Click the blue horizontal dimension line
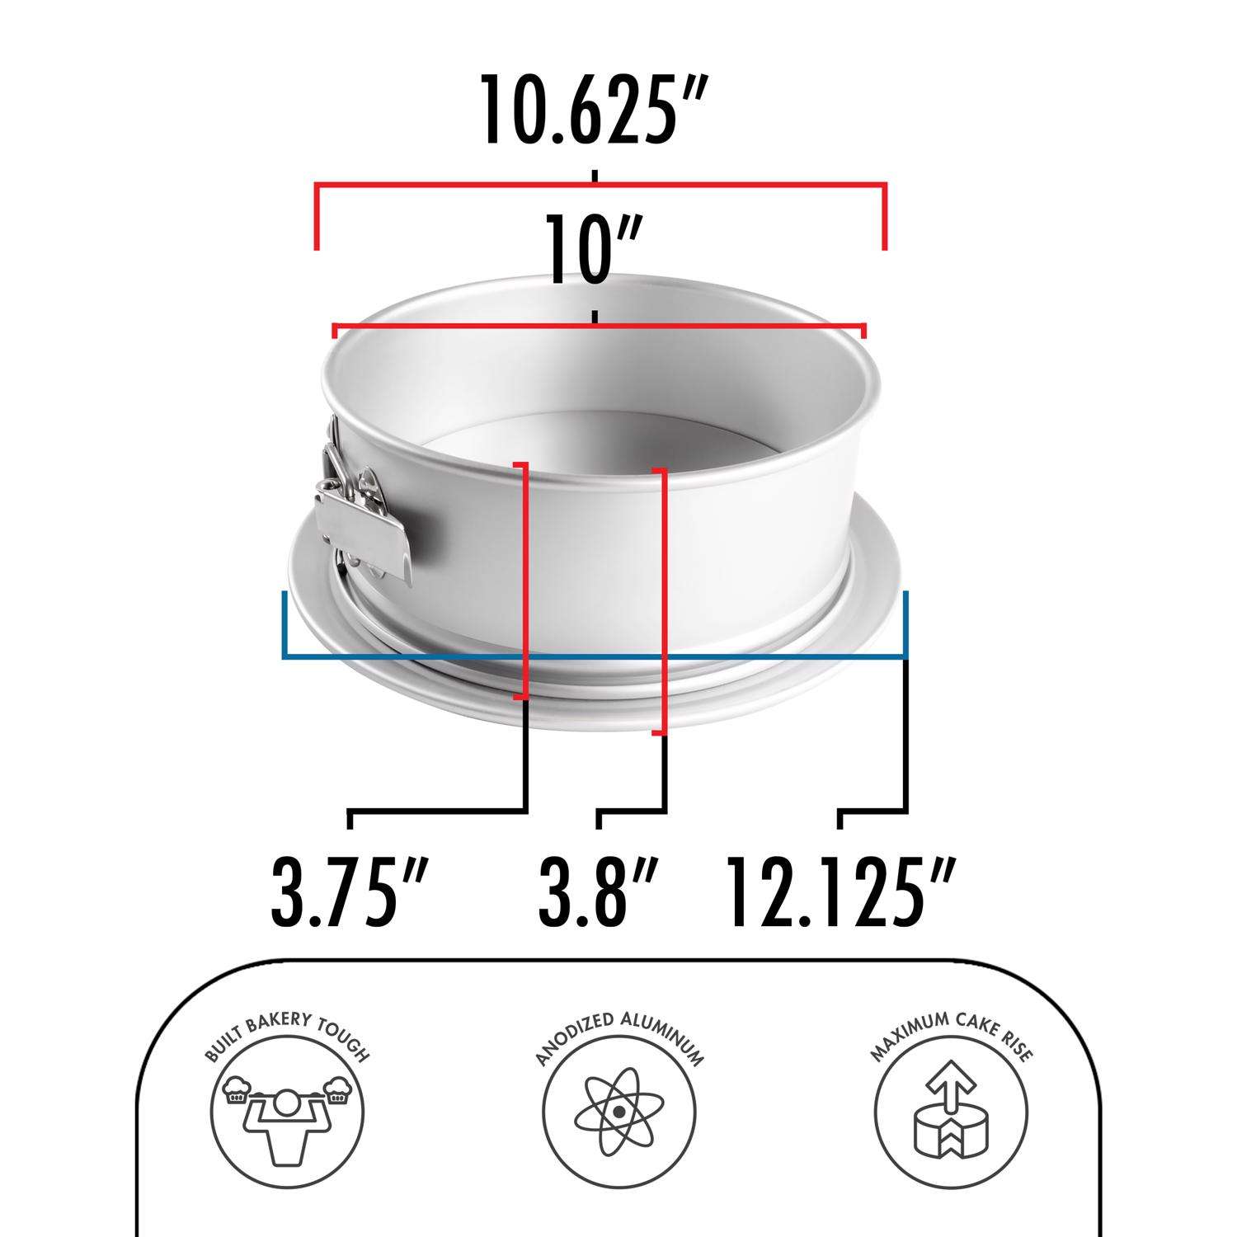(x=594, y=657)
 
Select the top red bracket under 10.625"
(x=600, y=186)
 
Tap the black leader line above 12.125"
(x=907, y=742)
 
